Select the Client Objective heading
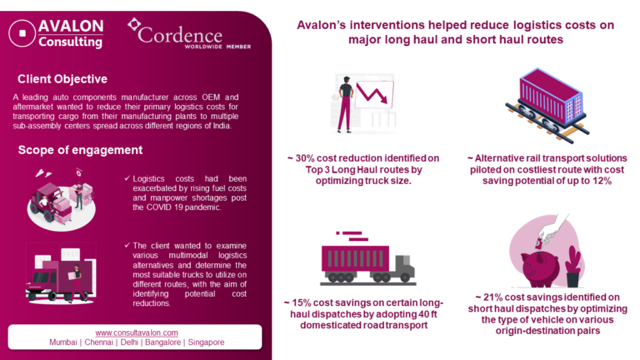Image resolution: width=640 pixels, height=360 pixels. tap(62, 79)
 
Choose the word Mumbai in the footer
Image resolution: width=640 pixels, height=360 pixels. tap(65, 342)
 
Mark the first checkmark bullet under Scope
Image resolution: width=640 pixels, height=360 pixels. tap(127, 178)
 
